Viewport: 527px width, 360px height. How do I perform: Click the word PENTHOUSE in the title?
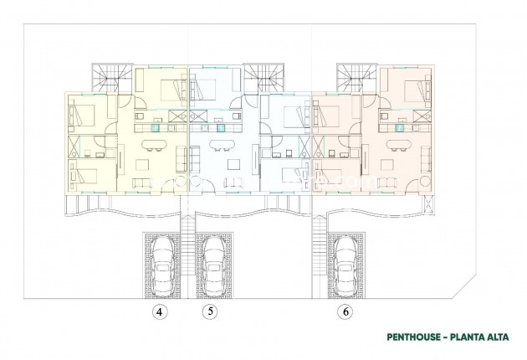pos(414,339)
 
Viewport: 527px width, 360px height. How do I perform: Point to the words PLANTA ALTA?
pos(478,339)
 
